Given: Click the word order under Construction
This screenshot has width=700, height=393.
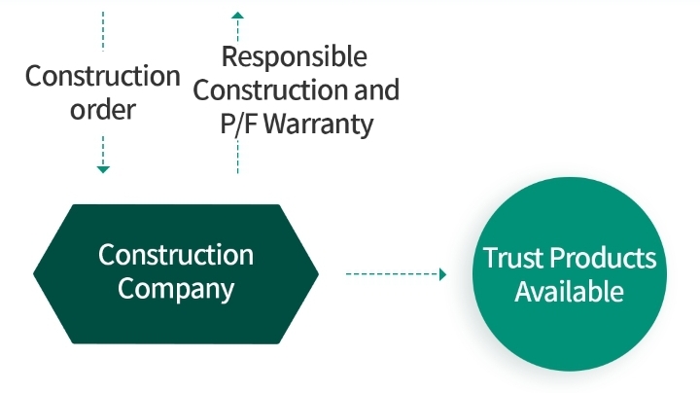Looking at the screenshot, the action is coord(103,109).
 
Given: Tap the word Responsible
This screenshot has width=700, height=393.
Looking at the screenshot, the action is coord(295,56).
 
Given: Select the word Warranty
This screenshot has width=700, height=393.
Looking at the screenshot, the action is coord(318,125).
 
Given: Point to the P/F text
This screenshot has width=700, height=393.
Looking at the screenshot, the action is coord(239,124).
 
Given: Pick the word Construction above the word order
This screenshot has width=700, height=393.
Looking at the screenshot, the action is coord(103,76).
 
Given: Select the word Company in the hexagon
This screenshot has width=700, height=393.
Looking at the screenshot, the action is coord(176,289).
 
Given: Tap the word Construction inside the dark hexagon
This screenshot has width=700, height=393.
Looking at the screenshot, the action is coord(176,255).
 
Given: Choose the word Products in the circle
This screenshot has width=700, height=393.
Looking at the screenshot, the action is coord(603,258).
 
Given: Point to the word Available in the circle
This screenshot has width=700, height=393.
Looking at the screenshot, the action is coord(569,292).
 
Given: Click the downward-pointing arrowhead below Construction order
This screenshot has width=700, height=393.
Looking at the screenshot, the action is coord(103,169).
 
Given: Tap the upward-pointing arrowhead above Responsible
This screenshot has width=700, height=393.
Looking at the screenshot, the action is coord(237,16).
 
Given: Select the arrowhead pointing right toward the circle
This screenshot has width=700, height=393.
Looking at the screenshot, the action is coord(443,274).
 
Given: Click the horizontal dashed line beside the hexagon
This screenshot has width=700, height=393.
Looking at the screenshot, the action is coord(393,274).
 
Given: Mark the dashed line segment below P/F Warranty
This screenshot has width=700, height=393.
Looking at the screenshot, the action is coord(237,157).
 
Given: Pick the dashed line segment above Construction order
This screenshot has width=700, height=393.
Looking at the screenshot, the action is coord(103,31).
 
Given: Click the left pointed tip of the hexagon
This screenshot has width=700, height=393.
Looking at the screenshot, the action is coord(33,273).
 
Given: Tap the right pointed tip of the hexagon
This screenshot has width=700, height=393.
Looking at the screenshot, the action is coord(318,273).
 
